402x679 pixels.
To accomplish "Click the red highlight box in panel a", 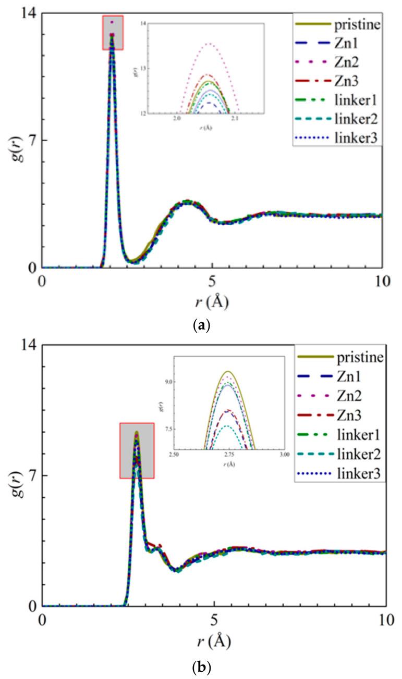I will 113,32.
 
